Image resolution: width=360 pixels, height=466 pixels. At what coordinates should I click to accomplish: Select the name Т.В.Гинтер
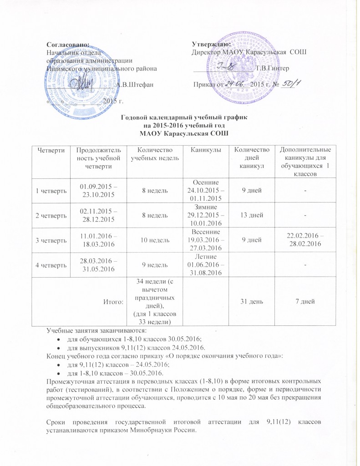(272, 68)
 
